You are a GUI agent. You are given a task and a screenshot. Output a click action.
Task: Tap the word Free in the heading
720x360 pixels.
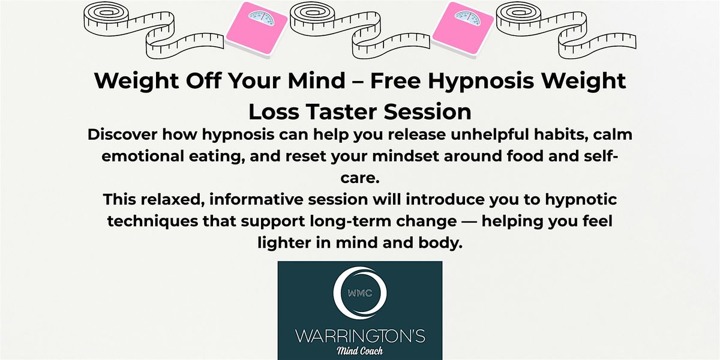click(x=395, y=80)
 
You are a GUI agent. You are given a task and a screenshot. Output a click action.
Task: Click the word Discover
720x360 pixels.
click(x=122, y=134)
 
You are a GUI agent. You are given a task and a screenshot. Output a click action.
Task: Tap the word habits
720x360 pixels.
click(x=561, y=135)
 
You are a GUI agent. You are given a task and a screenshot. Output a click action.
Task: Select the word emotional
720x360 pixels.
click(x=143, y=156)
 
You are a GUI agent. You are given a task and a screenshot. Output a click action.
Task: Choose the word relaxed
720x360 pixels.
click(x=173, y=200)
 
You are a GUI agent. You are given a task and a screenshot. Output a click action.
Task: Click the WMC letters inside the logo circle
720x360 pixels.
click(x=360, y=293)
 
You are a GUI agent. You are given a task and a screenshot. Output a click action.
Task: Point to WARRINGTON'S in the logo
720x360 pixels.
click(x=360, y=336)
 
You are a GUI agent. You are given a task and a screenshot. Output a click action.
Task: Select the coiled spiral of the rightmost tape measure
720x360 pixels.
click(x=518, y=15)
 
